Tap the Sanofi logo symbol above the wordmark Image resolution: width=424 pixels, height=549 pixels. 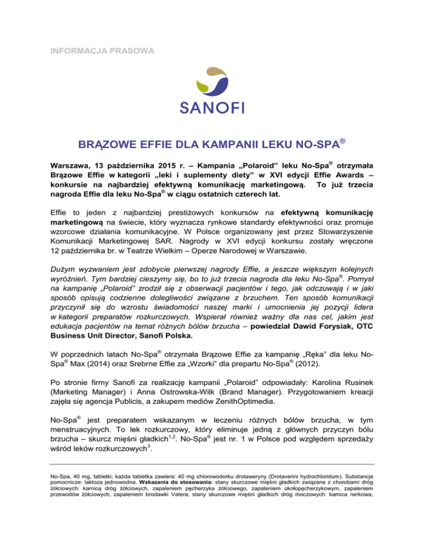click(212, 82)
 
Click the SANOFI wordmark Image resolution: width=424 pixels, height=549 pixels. click(212, 107)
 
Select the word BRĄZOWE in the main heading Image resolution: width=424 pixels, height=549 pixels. click(105, 147)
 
